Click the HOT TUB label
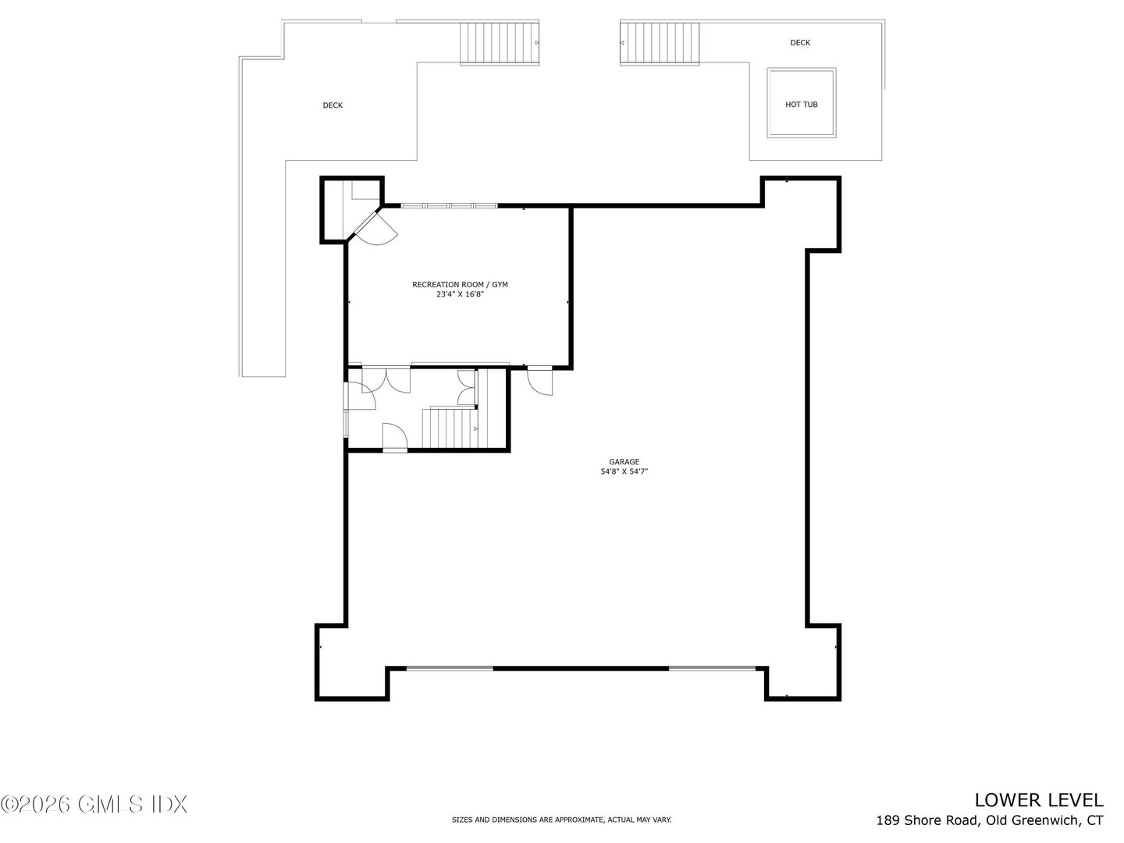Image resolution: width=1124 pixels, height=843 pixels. coord(801,105)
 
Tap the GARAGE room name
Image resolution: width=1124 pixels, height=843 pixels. coord(624,462)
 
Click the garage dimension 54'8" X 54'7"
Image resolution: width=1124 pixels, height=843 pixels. coord(624,471)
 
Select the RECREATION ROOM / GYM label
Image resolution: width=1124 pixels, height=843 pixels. coord(460,285)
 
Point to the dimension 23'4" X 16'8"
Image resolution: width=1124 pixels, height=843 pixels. coord(460,295)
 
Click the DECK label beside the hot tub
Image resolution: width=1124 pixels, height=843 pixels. coord(799,43)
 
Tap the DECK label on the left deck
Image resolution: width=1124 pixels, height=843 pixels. coord(333,105)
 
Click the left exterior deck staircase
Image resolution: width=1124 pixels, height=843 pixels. coord(499,43)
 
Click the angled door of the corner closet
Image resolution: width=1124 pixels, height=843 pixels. coord(373,227)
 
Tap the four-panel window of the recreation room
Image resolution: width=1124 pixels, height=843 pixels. coord(449,206)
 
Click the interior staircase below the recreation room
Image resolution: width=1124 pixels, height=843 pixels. coord(449,428)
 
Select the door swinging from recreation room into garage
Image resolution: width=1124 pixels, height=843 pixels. coord(539,380)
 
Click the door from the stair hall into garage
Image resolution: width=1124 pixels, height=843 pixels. coord(394,437)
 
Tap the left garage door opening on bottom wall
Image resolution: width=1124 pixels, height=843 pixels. coord(450,668)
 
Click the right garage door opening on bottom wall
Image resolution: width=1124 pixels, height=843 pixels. coord(712,668)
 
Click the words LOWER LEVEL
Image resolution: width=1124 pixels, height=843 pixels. coord(1038,800)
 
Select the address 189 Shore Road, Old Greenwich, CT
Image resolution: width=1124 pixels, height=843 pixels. coord(989,820)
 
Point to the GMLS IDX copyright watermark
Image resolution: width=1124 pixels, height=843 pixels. coord(94,804)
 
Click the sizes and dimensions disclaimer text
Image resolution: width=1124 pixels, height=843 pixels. coord(561,820)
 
